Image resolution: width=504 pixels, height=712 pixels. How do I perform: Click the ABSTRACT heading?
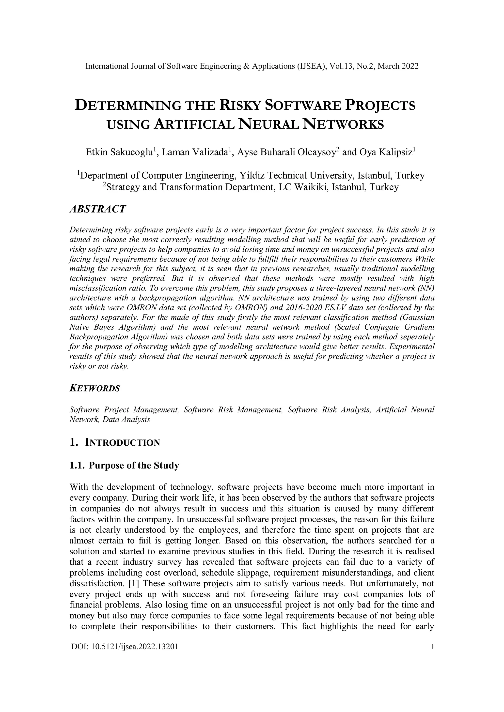pyautogui.click(x=97, y=209)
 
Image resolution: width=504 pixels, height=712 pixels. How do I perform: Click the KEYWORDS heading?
pyautogui.click(x=95, y=388)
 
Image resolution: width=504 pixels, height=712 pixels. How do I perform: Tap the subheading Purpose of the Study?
pyautogui.click(x=134, y=466)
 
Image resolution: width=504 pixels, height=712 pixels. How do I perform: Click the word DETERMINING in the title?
pyautogui.click(x=128, y=106)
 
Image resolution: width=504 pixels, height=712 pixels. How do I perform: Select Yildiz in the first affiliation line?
pyautogui.click(x=252, y=176)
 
